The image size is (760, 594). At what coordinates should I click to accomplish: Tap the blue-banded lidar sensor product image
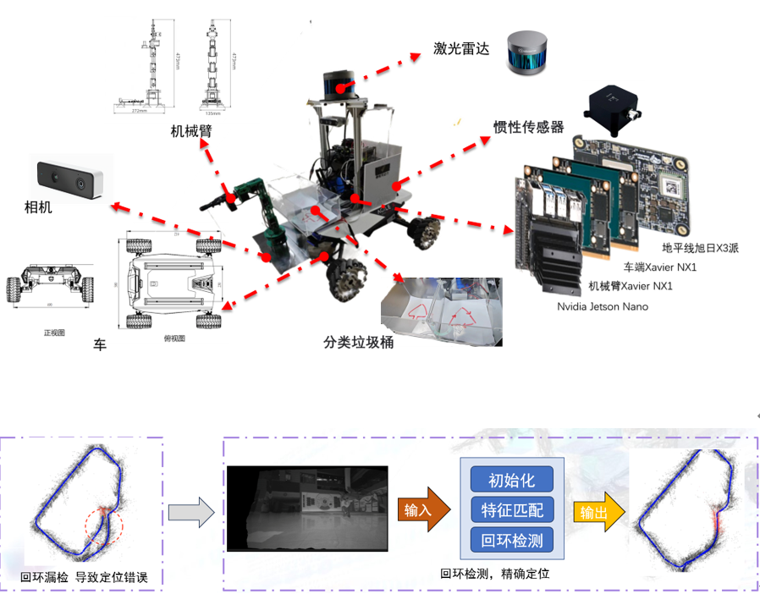tap(527, 54)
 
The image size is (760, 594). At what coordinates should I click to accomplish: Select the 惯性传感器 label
tap(528, 127)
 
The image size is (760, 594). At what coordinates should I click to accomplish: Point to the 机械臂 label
tap(190, 131)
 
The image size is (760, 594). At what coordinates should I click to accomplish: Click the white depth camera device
tap(71, 177)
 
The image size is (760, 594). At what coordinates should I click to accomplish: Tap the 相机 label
tap(38, 206)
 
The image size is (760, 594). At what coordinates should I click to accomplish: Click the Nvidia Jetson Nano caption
tap(603, 306)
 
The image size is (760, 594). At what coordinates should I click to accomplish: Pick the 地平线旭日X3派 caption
tap(701, 248)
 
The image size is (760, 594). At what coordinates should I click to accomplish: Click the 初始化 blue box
tap(511, 480)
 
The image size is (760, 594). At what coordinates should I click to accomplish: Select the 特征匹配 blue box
tap(511, 509)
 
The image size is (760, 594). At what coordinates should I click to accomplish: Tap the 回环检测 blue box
tap(511, 539)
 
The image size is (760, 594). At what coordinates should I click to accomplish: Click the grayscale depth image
tap(306, 509)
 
